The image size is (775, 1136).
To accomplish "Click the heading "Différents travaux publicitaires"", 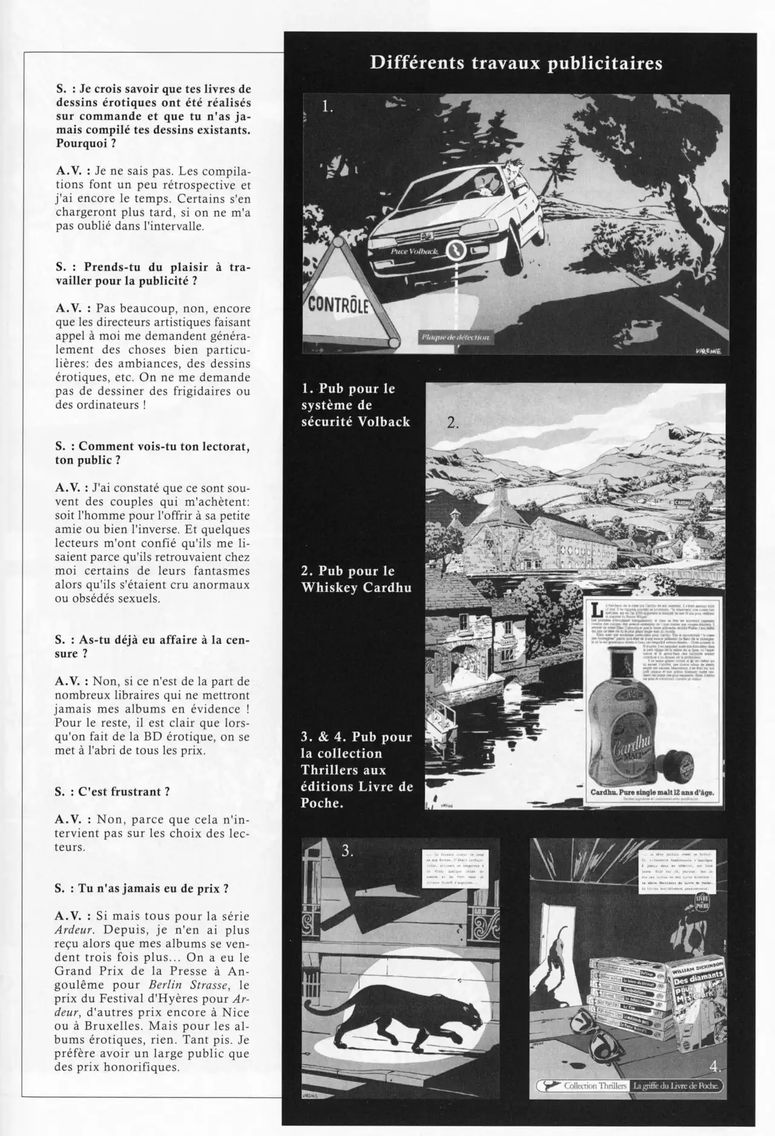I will tap(516, 64).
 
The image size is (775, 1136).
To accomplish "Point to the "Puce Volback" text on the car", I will tap(410, 251).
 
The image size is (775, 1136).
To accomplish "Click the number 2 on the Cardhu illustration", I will tap(453, 423).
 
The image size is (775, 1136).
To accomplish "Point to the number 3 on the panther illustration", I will tap(347, 850).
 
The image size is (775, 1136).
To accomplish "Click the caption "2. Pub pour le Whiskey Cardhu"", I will tap(356, 579).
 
